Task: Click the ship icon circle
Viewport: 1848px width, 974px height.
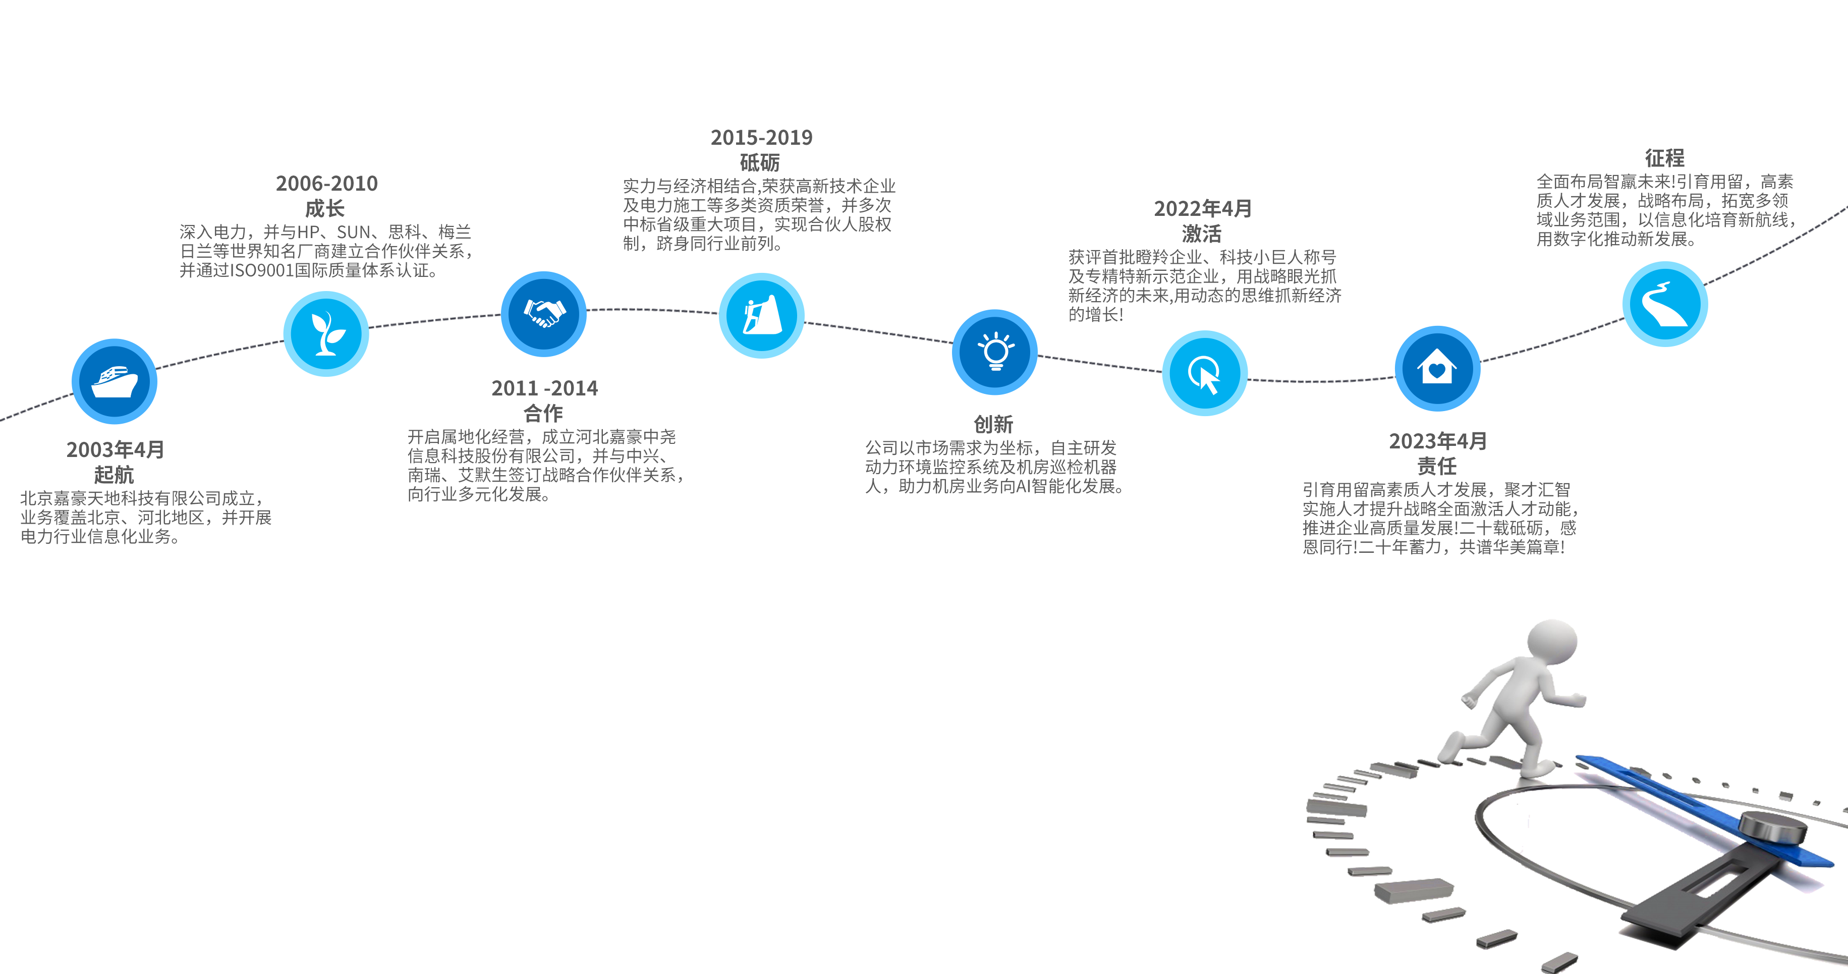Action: tap(114, 381)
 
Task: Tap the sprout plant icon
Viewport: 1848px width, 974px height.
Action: tap(326, 333)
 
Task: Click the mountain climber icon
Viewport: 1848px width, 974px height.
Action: tap(761, 316)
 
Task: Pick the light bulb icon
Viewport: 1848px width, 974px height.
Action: tap(995, 352)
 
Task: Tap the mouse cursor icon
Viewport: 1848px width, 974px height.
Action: tap(1204, 373)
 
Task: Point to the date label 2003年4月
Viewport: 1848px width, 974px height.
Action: tap(116, 450)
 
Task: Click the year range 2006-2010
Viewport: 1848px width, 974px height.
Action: tap(326, 184)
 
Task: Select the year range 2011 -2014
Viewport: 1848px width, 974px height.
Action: tap(544, 388)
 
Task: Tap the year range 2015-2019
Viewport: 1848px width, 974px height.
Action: tap(761, 138)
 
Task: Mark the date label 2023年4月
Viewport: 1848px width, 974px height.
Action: tap(1438, 441)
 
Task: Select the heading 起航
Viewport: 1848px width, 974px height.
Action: tap(114, 474)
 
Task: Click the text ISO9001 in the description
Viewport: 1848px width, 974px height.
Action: tap(262, 270)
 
